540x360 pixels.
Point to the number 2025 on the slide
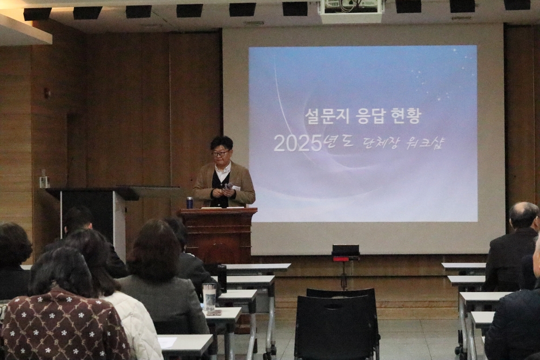pos(298,144)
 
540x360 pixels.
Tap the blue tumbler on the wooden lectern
pos(189,202)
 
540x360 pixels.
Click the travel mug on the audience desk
pos(209,297)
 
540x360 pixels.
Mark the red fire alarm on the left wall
pos(46,92)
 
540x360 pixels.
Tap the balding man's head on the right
pos(523,215)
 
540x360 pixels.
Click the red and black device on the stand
pos(346,252)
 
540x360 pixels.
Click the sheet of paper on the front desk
pos(167,342)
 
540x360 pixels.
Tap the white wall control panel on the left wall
pos(42,182)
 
